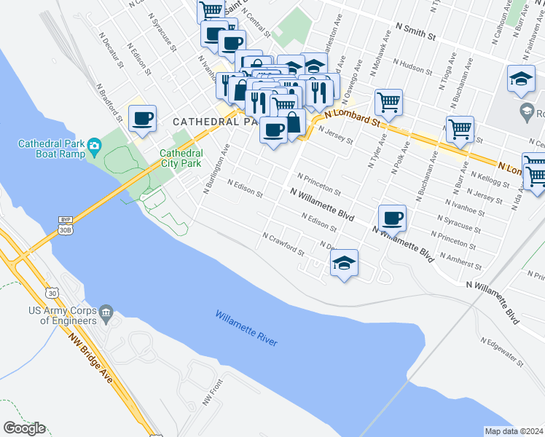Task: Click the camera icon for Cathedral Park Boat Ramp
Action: click(94, 149)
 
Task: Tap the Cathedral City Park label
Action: click(180, 158)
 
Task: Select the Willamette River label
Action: click(246, 328)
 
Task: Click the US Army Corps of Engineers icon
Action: click(106, 312)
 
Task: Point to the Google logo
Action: click(24, 428)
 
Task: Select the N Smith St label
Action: click(415, 31)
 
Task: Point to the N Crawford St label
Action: click(283, 243)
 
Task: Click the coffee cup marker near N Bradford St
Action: click(143, 118)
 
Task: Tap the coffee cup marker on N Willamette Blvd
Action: click(392, 218)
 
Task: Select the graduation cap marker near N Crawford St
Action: click(344, 263)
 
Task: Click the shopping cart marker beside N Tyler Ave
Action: click(388, 103)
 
